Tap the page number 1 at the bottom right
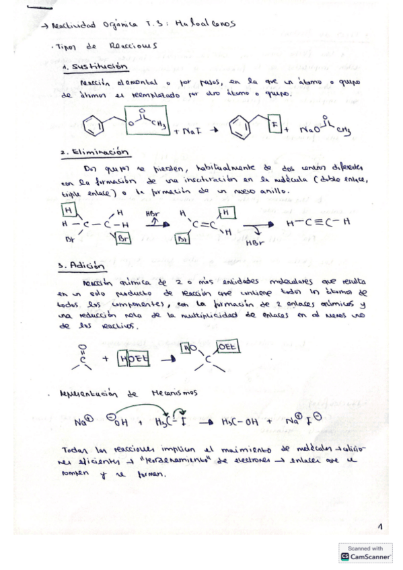[x=379, y=526]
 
